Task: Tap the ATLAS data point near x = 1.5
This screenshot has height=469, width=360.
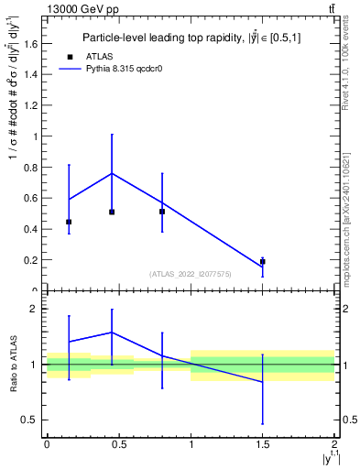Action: pyautogui.click(x=263, y=262)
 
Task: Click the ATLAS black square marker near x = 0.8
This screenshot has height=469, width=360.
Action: pyautogui.click(x=162, y=212)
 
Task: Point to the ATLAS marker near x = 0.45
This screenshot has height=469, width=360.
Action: pyautogui.click(x=112, y=212)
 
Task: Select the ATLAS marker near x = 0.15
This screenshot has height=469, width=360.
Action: pyautogui.click(x=69, y=222)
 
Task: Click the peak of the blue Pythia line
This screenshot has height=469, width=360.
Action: pyautogui.click(x=112, y=173)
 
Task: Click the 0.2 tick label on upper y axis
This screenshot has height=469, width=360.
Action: pyautogui.click(x=34, y=260)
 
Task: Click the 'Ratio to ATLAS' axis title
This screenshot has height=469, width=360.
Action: pyautogui.click(x=12, y=365)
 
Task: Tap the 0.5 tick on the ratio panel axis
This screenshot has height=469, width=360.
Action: pyautogui.click(x=34, y=420)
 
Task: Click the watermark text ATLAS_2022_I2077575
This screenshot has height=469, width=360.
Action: pyautogui.click(x=191, y=273)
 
